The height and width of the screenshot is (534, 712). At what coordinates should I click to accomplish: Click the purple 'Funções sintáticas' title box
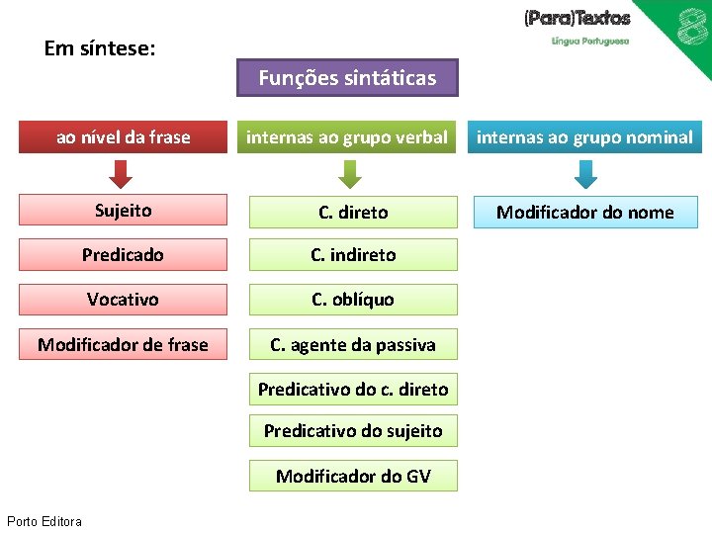347,78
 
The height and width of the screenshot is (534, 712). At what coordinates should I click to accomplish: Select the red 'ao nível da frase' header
123,137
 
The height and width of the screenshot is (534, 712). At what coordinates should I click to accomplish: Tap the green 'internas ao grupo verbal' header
347,137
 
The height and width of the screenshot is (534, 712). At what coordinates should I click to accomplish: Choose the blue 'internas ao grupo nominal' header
585,137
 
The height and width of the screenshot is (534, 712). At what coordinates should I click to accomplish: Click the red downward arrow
121,175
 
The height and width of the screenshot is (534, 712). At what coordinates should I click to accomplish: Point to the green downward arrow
349,175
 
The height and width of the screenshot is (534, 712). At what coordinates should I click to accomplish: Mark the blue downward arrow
585,175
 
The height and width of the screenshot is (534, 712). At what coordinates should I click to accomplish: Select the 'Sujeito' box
123,211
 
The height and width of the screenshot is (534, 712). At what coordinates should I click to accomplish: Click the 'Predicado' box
123,255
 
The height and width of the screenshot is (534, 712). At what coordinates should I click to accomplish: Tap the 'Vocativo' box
123,300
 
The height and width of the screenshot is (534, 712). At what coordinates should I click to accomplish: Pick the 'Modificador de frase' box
123,345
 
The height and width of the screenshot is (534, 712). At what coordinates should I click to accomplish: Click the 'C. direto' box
353,212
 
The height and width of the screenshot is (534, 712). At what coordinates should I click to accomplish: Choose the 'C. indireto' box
353,255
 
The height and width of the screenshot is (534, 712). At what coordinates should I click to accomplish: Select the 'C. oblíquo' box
353,300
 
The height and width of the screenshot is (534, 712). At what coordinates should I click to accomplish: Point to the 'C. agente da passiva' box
353,345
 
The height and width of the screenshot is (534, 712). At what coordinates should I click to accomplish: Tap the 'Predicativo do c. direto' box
353,390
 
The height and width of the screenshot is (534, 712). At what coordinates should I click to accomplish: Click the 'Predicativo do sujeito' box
353,431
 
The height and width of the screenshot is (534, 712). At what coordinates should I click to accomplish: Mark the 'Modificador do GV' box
353,477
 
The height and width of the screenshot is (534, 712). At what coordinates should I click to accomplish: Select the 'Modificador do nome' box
585,213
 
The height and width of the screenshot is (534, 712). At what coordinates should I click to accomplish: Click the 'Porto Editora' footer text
44,521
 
